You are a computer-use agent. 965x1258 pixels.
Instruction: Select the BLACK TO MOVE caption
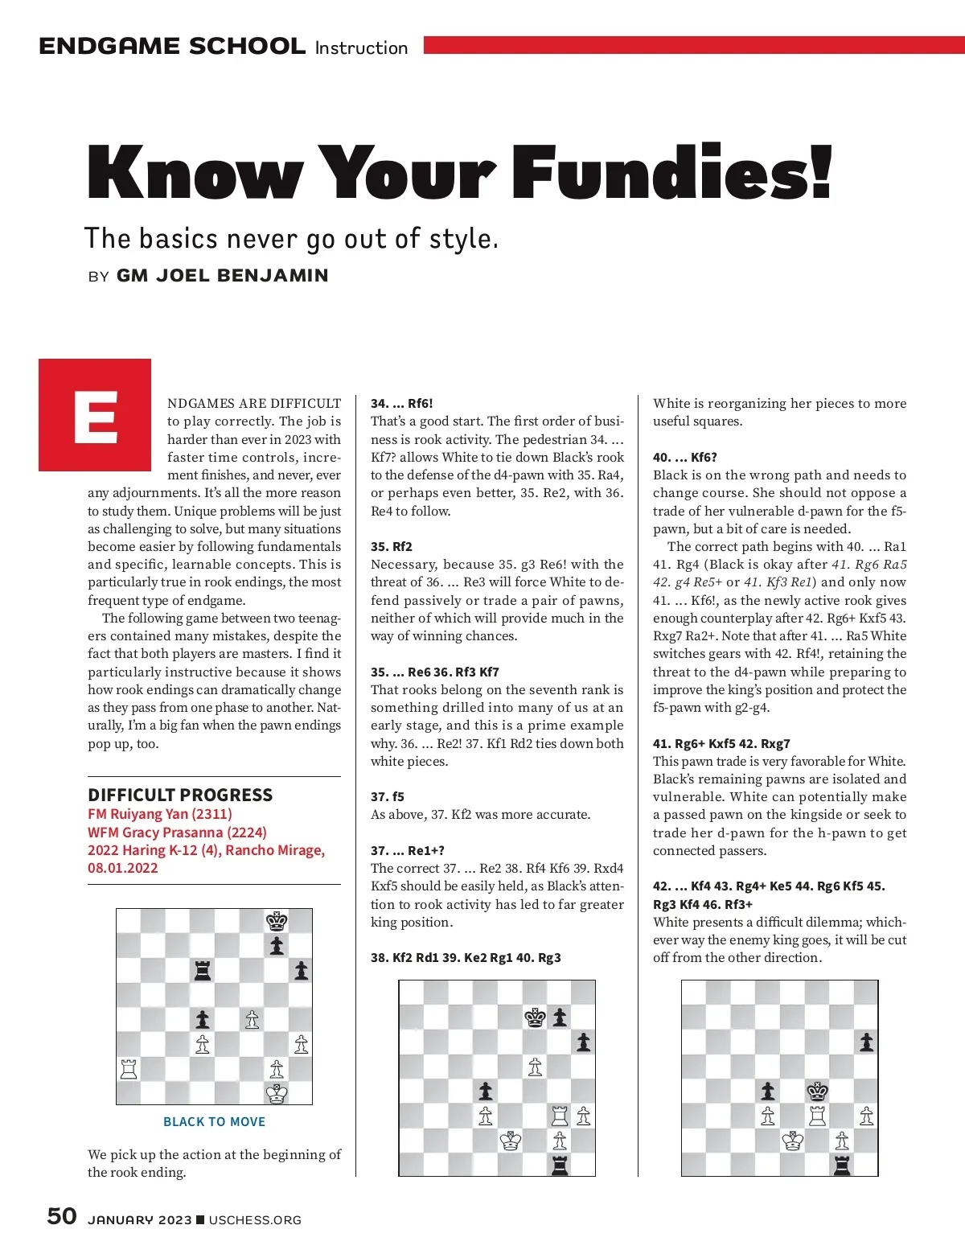[214, 1121]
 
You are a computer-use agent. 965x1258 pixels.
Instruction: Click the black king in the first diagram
[277, 921]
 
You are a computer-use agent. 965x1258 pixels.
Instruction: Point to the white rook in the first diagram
[129, 1068]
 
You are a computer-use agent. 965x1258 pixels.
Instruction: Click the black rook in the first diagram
[203, 970]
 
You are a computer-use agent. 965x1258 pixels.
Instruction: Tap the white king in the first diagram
[277, 1093]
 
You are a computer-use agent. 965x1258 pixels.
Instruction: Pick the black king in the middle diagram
[535, 1017]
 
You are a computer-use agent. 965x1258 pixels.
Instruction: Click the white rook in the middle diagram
[560, 1116]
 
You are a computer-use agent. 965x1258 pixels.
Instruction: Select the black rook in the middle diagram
[560, 1165]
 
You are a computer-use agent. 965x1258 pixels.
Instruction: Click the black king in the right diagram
[818, 1091]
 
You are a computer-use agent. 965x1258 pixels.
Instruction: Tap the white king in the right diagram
[793, 1141]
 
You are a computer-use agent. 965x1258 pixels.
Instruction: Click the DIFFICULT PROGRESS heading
[180, 795]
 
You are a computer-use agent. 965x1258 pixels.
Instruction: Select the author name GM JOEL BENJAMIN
[222, 275]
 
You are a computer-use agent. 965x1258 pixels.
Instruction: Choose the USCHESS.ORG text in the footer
[255, 1220]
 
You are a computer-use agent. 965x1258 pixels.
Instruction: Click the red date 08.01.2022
[123, 868]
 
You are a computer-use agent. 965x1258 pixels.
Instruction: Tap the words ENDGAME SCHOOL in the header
[172, 46]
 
